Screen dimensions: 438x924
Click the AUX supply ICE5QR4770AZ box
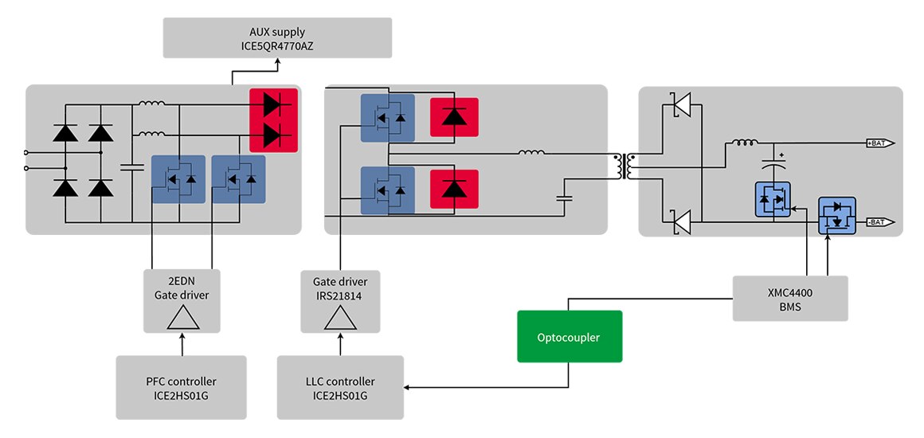(277, 38)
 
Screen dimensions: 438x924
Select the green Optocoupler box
(569, 338)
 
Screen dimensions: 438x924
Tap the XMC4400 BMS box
(789, 299)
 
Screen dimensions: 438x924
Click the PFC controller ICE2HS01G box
(181, 387)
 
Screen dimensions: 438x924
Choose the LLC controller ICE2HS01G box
(340, 387)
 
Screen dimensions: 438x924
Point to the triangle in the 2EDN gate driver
(182, 318)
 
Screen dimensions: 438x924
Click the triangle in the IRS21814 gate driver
(340, 318)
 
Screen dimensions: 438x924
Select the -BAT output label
(879, 222)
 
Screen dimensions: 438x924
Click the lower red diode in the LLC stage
(454, 189)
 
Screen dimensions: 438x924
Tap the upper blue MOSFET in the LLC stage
(388, 118)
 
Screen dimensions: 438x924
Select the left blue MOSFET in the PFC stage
(178, 179)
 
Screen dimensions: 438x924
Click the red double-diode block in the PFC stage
(273, 119)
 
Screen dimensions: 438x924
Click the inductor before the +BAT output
(744, 143)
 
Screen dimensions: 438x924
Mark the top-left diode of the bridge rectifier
(65, 133)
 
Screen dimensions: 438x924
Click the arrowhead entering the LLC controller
(409, 388)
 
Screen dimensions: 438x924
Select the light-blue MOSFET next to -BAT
(836, 216)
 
